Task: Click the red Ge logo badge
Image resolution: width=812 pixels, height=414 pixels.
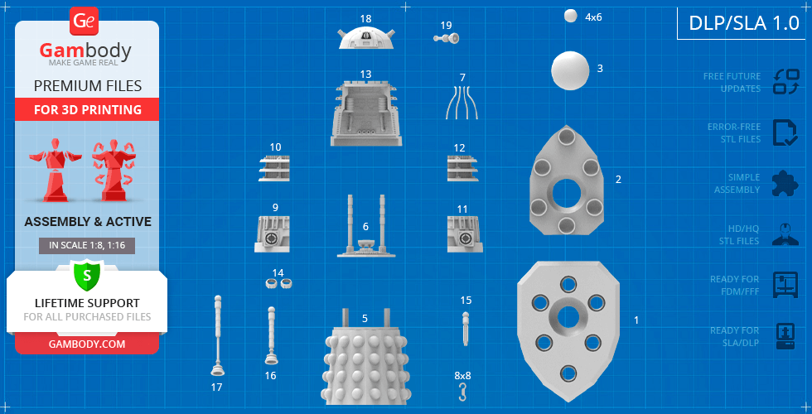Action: (x=84, y=22)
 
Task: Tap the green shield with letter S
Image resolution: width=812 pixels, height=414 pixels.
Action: (x=86, y=275)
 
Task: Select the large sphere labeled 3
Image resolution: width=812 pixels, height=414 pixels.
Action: (x=570, y=70)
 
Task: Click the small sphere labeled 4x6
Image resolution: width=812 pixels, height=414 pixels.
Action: (x=571, y=16)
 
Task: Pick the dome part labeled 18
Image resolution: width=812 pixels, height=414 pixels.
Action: (x=365, y=37)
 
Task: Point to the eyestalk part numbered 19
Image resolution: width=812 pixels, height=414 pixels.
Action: (x=447, y=38)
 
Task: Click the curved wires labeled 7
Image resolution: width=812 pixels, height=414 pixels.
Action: (x=462, y=103)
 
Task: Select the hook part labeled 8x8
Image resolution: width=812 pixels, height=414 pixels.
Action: (x=462, y=392)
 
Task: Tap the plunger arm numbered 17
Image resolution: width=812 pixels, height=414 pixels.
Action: (x=218, y=335)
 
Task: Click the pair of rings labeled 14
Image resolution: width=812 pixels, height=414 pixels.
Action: (x=279, y=283)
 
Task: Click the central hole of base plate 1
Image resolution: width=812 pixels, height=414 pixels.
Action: (x=568, y=316)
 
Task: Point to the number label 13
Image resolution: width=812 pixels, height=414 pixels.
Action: (x=365, y=74)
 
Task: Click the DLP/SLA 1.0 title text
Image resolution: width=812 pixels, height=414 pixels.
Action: (x=744, y=23)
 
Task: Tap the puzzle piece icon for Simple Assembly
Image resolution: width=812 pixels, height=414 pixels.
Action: (x=785, y=183)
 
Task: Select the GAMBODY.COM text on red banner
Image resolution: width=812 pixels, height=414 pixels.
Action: (x=87, y=344)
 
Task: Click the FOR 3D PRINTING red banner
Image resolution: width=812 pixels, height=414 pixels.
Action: (x=87, y=109)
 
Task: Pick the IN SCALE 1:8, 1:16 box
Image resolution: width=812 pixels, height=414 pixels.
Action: (x=87, y=246)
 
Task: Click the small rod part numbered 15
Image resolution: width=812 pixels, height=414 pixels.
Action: (x=466, y=328)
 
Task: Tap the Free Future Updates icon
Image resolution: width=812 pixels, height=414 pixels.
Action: (x=785, y=82)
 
